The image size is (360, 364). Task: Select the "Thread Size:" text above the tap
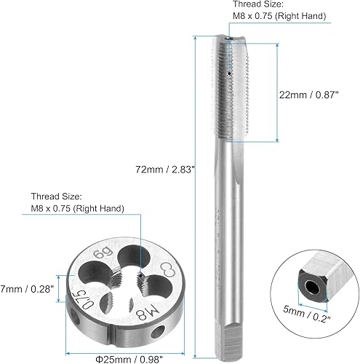coord(268,4)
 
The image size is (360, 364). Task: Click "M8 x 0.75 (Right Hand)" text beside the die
coord(77,209)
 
